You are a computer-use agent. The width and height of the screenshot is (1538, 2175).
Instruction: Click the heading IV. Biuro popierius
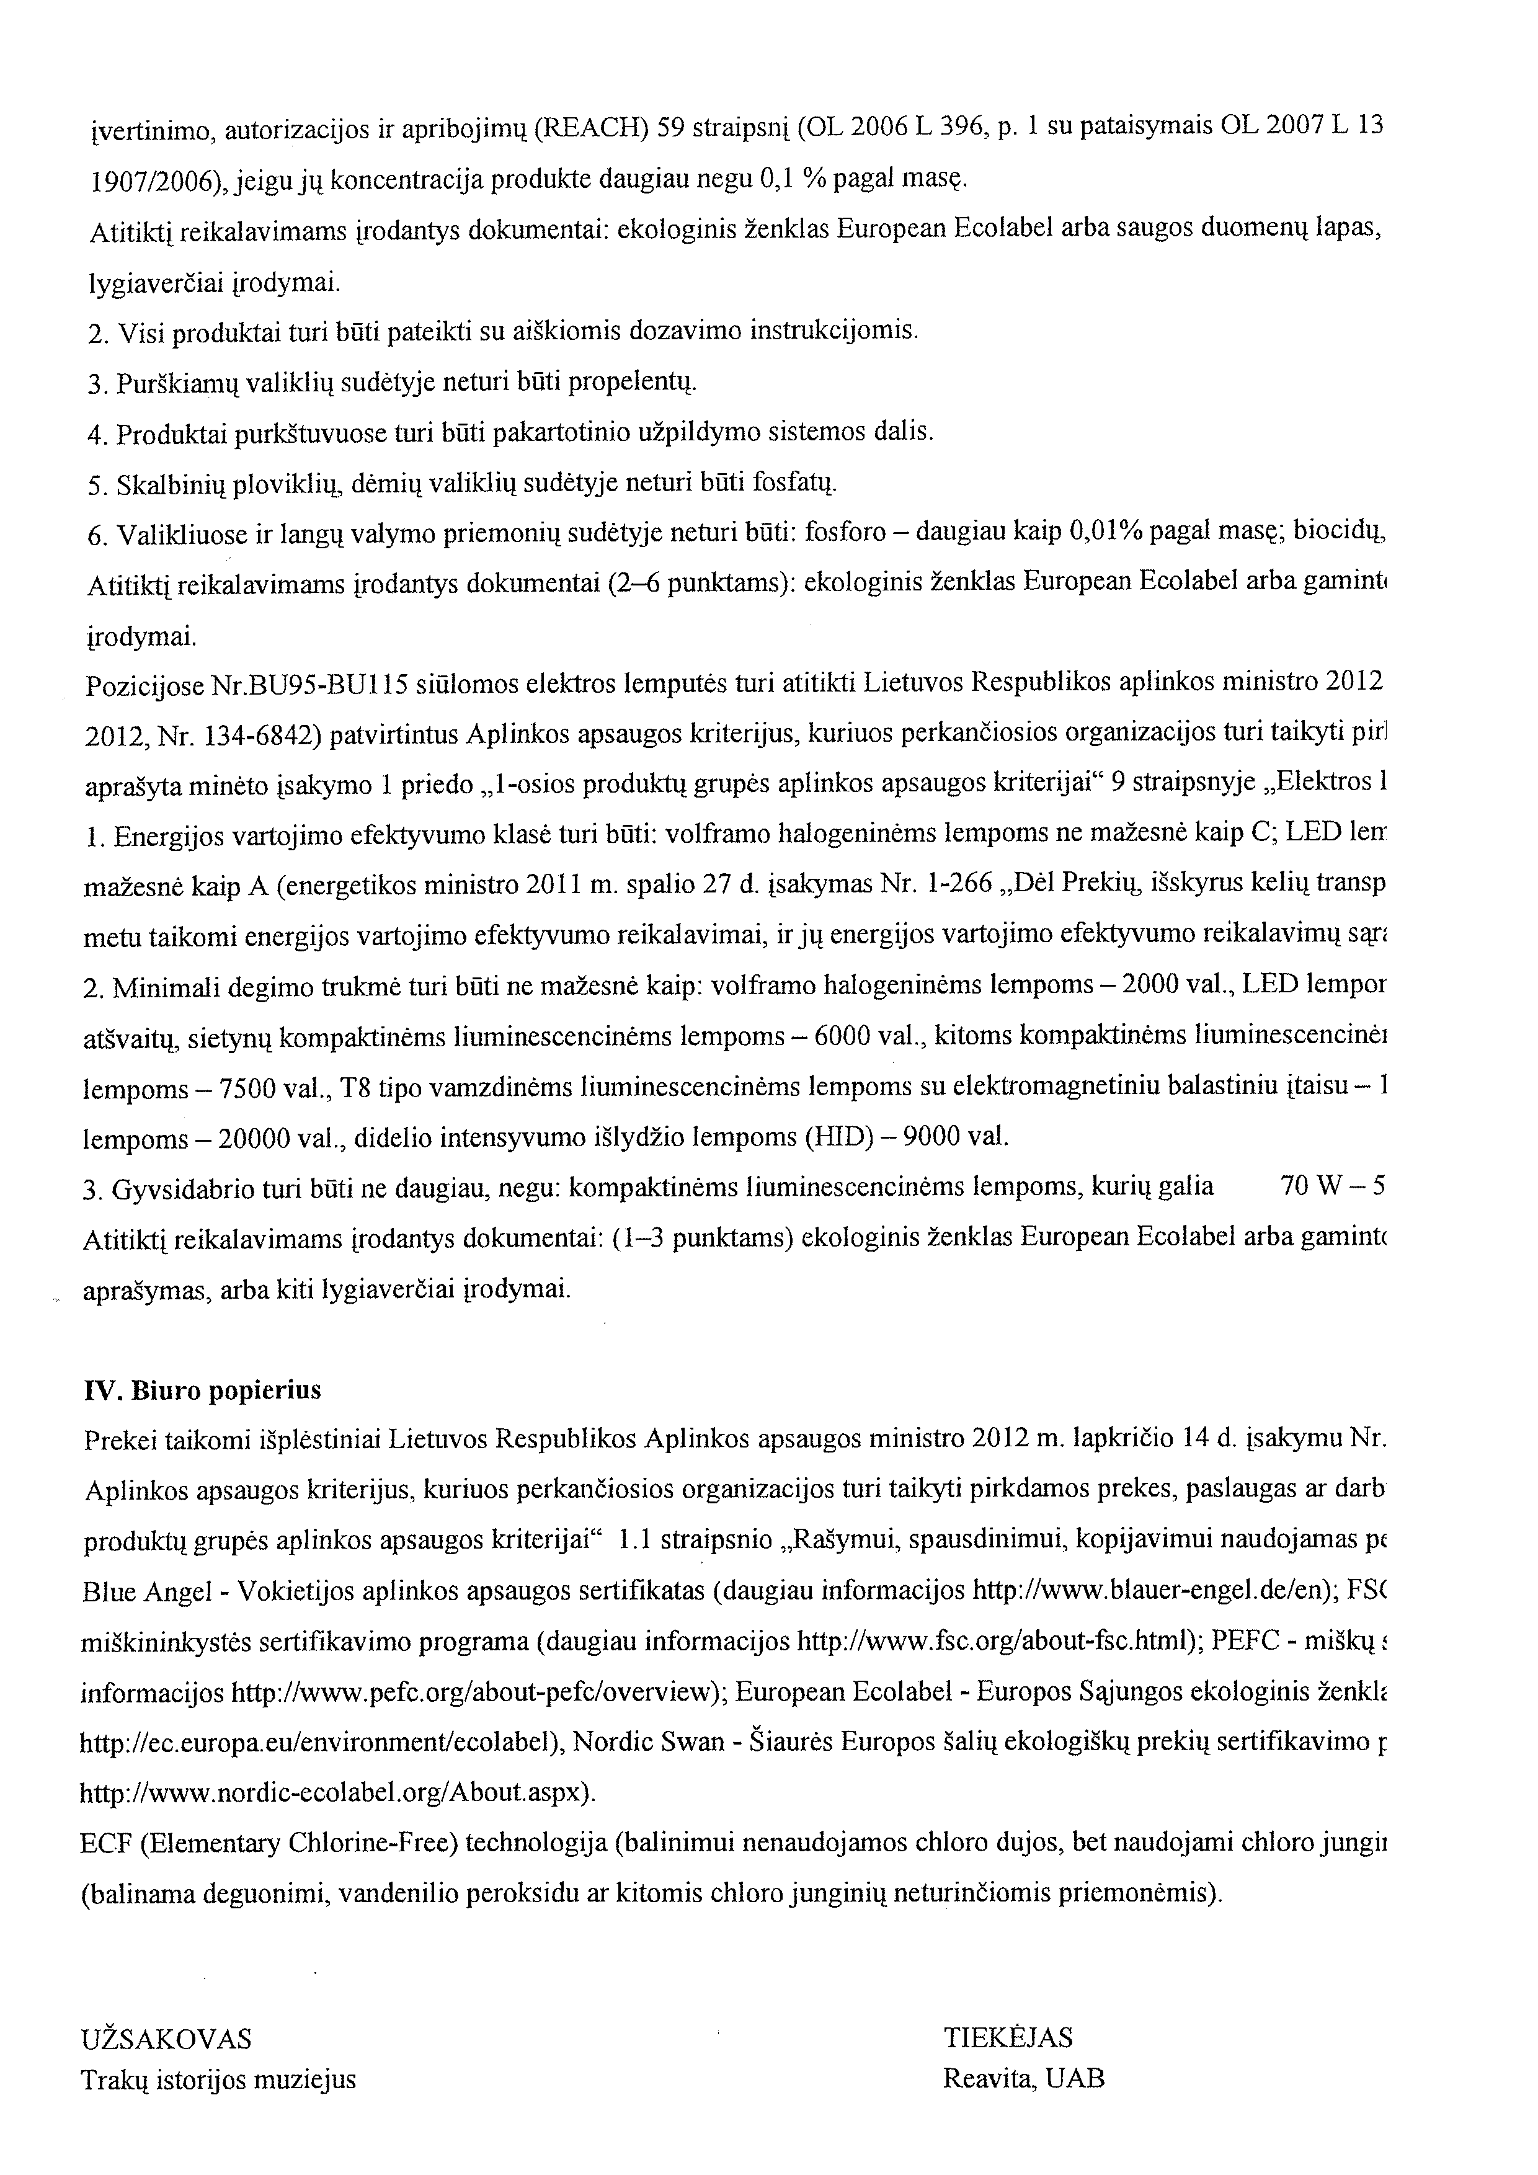click(x=202, y=1390)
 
